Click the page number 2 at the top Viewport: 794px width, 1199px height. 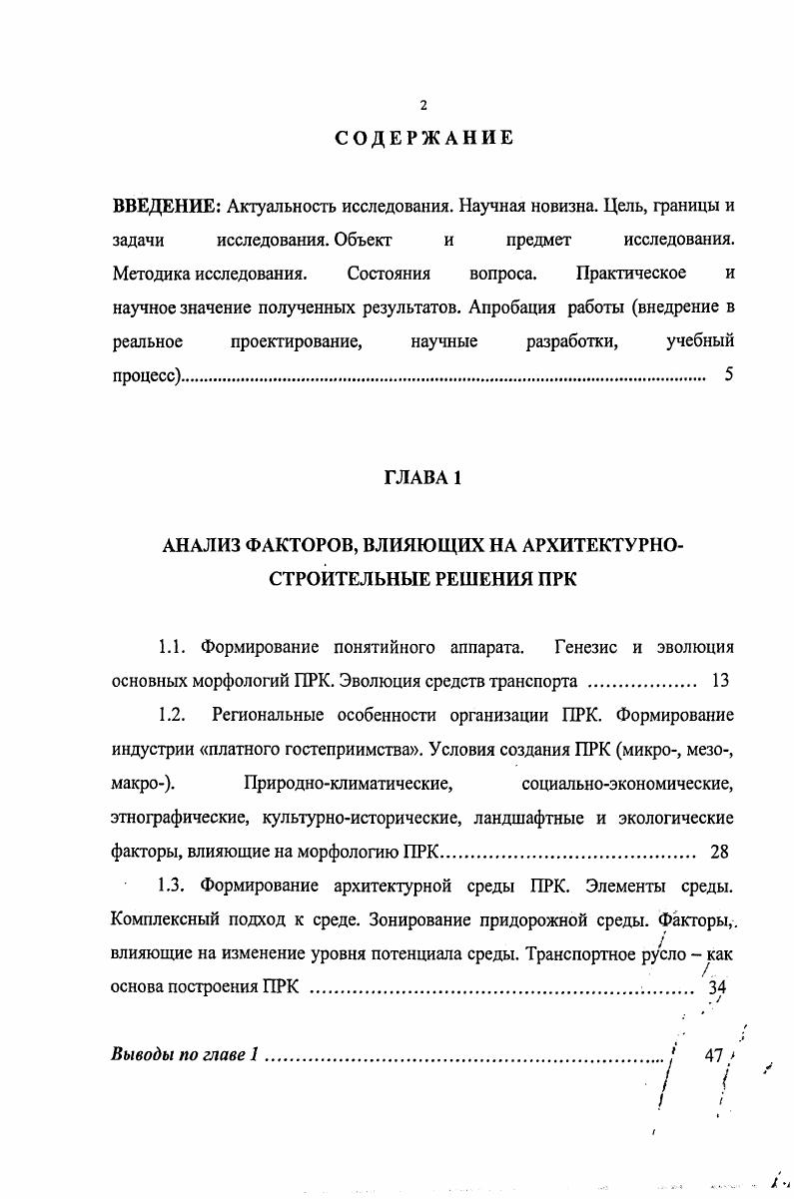(x=423, y=106)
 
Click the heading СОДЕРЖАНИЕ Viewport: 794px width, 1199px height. (x=423, y=138)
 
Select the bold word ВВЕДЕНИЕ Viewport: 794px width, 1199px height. (x=165, y=207)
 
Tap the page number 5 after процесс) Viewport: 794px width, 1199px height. (x=729, y=376)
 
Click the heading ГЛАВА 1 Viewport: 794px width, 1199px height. (x=423, y=478)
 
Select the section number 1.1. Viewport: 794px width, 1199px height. (x=174, y=648)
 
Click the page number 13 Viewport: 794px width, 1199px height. (x=720, y=682)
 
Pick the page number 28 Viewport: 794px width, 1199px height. (x=719, y=852)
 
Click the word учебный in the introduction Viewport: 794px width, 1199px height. (x=700, y=342)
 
